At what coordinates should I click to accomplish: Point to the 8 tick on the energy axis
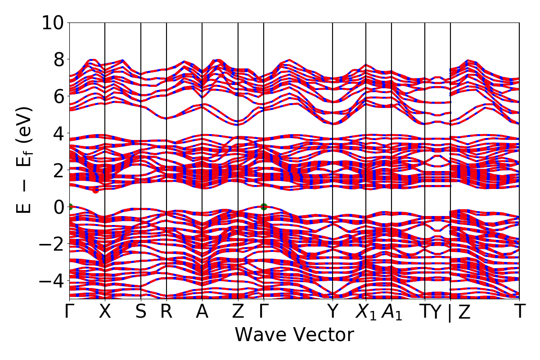59,59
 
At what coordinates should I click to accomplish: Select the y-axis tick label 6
59,96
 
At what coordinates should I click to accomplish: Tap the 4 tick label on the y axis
59,133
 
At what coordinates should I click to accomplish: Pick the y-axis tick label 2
59,170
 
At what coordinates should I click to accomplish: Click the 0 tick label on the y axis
59,207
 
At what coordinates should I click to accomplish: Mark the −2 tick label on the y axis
54,243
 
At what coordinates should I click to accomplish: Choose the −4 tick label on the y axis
54,280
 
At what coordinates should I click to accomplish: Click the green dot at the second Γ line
264,207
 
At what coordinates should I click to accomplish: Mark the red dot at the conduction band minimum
95,190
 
